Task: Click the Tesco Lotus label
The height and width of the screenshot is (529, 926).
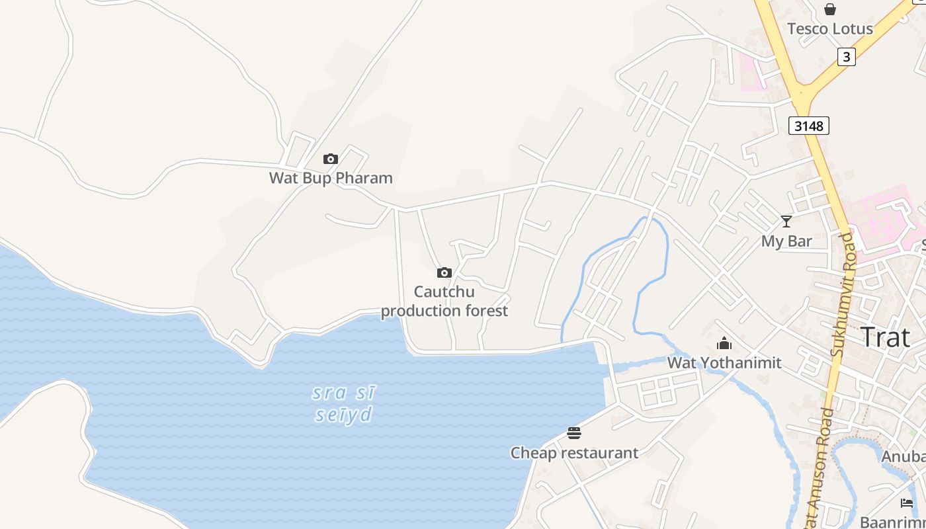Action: tap(829, 29)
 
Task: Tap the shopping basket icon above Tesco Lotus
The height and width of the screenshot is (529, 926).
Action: tap(829, 9)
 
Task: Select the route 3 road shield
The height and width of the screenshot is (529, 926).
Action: tap(846, 57)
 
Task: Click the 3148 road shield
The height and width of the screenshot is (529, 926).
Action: tap(808, 125)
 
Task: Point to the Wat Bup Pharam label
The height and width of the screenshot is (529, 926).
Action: tap(331, 178)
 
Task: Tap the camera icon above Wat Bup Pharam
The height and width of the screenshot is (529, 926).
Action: tap(331, 159)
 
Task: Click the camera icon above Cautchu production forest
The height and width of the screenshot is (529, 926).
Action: tap(444, 272)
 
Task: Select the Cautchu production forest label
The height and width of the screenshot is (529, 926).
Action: tap(444, 301)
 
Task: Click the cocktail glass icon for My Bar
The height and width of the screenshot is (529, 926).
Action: tap(786, 222)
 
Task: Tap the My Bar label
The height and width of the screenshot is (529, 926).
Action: tap(786, 241)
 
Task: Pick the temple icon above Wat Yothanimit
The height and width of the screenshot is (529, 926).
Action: tap(724, 343)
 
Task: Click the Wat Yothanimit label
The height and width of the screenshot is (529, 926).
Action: tap(724, 363)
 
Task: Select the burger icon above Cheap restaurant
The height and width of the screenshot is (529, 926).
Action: tap(574, 433)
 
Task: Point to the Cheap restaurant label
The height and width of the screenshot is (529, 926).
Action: tap(574, 453)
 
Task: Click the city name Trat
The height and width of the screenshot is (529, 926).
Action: tap(885, 337)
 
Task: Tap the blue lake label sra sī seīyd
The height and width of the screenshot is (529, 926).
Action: tap(343, 403)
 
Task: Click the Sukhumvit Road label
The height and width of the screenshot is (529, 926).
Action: tap(844, 295)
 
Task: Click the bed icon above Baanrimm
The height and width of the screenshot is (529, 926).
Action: tap(907, 503)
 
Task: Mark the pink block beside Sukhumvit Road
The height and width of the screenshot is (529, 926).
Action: tap(880, 218)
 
